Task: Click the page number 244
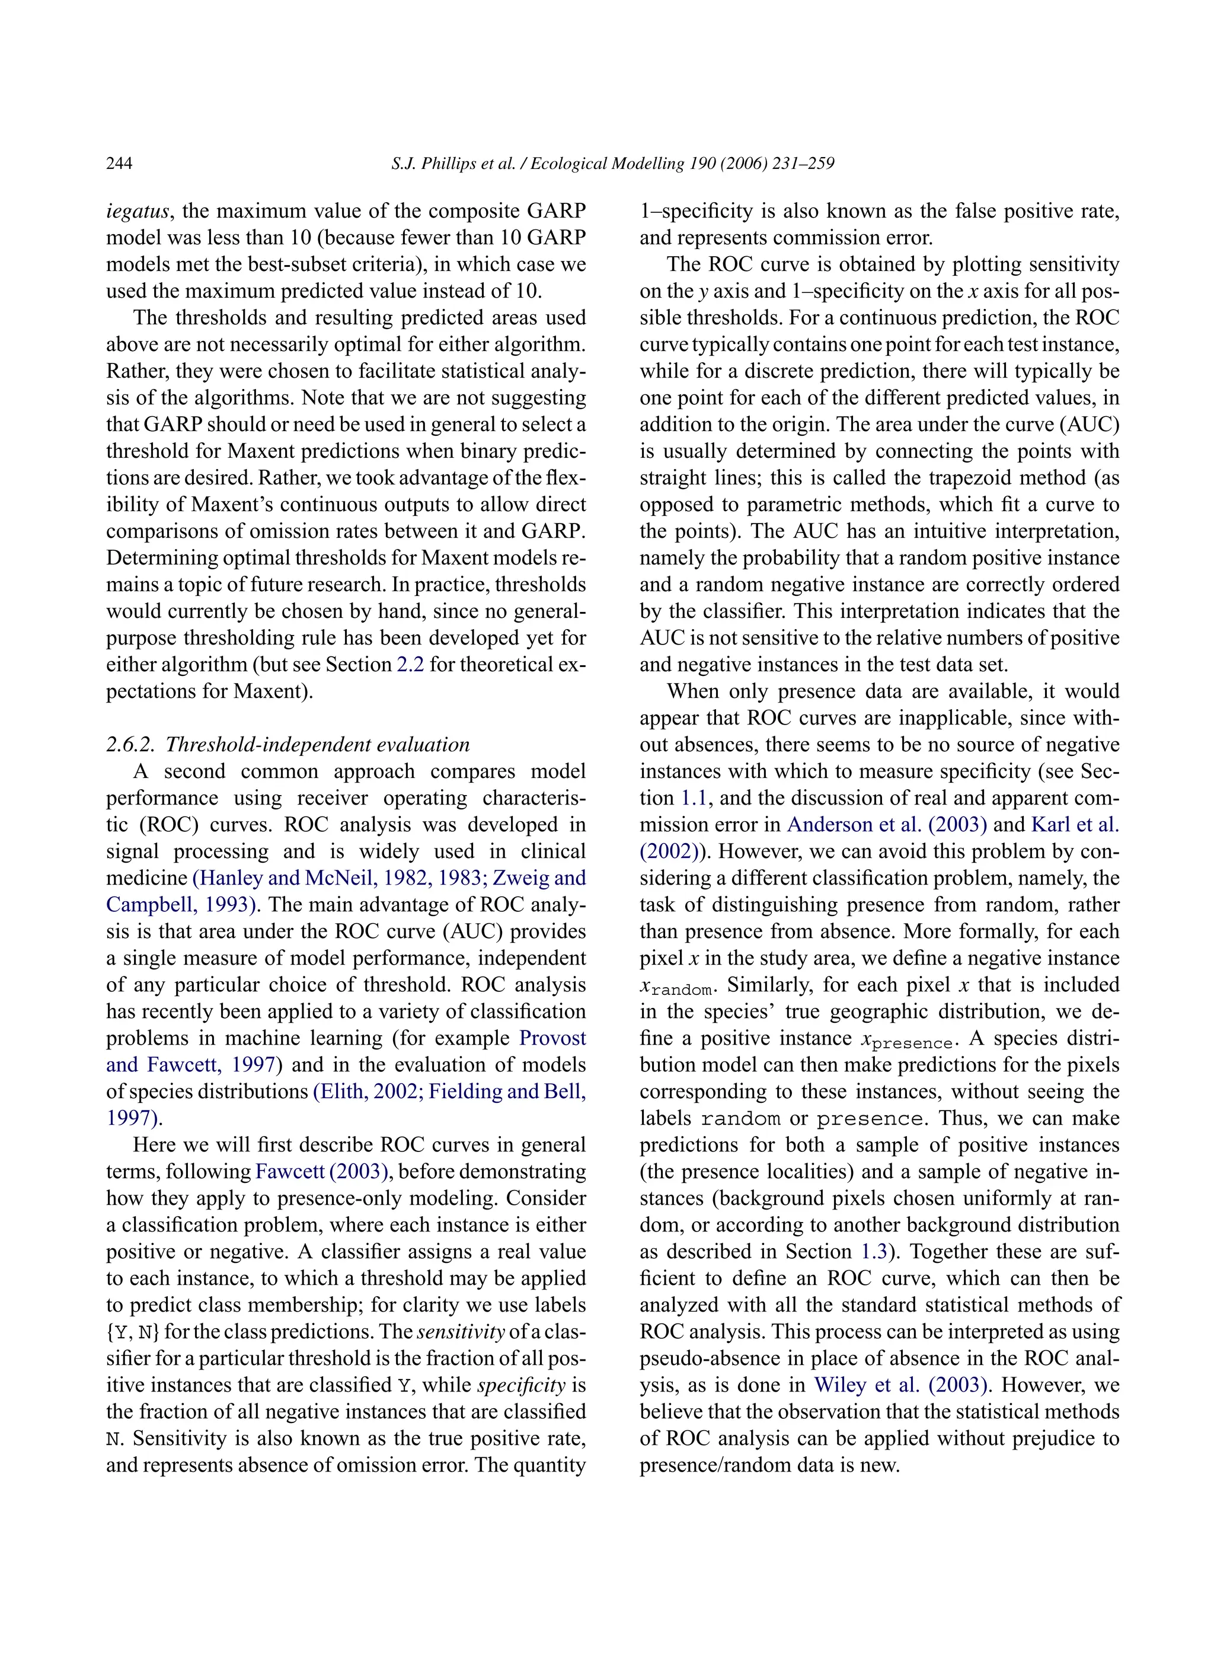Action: [119, 163]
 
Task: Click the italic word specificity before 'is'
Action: [521, 1386]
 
